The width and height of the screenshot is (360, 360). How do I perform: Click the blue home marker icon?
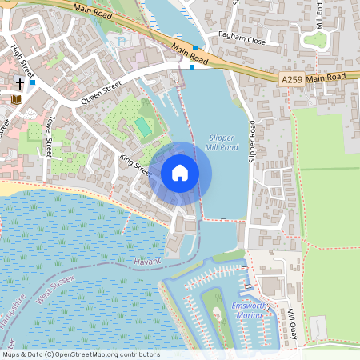(180, 173)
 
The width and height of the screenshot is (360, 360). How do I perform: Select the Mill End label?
(319, 14)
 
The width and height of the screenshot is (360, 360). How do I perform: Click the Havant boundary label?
(148, 261)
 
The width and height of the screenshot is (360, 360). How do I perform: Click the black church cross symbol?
(19, 83)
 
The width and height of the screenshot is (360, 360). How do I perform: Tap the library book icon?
(16, 99)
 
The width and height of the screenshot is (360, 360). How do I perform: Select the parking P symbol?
(121, 42)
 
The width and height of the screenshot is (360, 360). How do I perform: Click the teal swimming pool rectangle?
(142, 126)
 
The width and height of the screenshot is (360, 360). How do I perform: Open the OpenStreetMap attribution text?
(81, 354)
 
